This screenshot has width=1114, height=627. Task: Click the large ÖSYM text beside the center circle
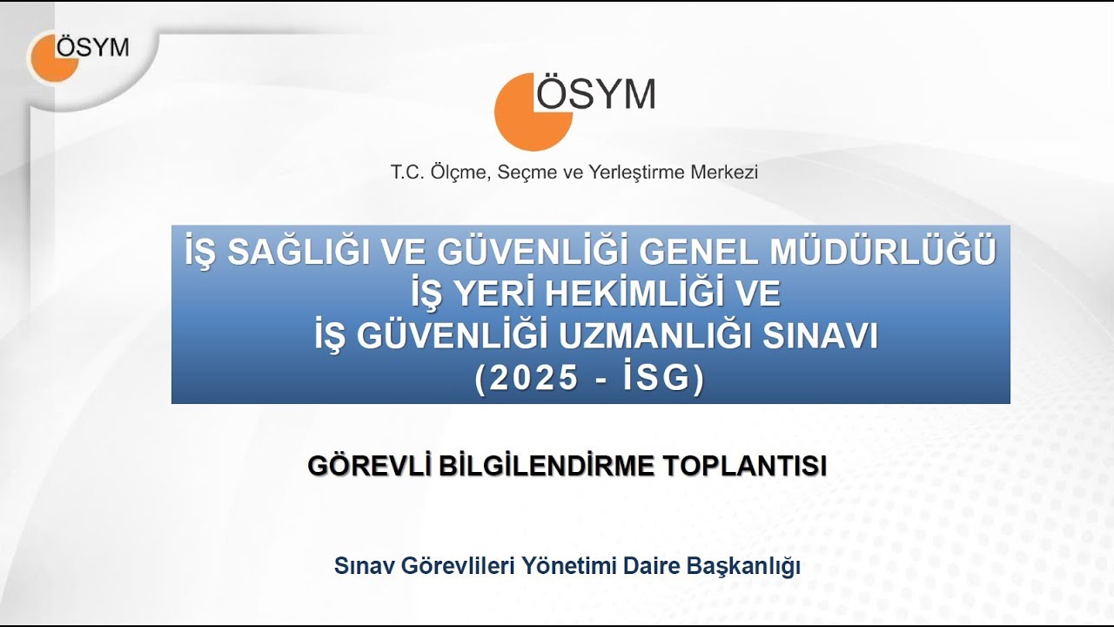[x=596, y=93]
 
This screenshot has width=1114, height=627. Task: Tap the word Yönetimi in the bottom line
[x=569, y=566]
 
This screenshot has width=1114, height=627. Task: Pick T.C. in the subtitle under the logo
[x=406, y=172]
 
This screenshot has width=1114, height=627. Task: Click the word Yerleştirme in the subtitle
[x=637, y=172]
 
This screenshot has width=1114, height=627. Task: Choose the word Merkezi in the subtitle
[x=724, y=172]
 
